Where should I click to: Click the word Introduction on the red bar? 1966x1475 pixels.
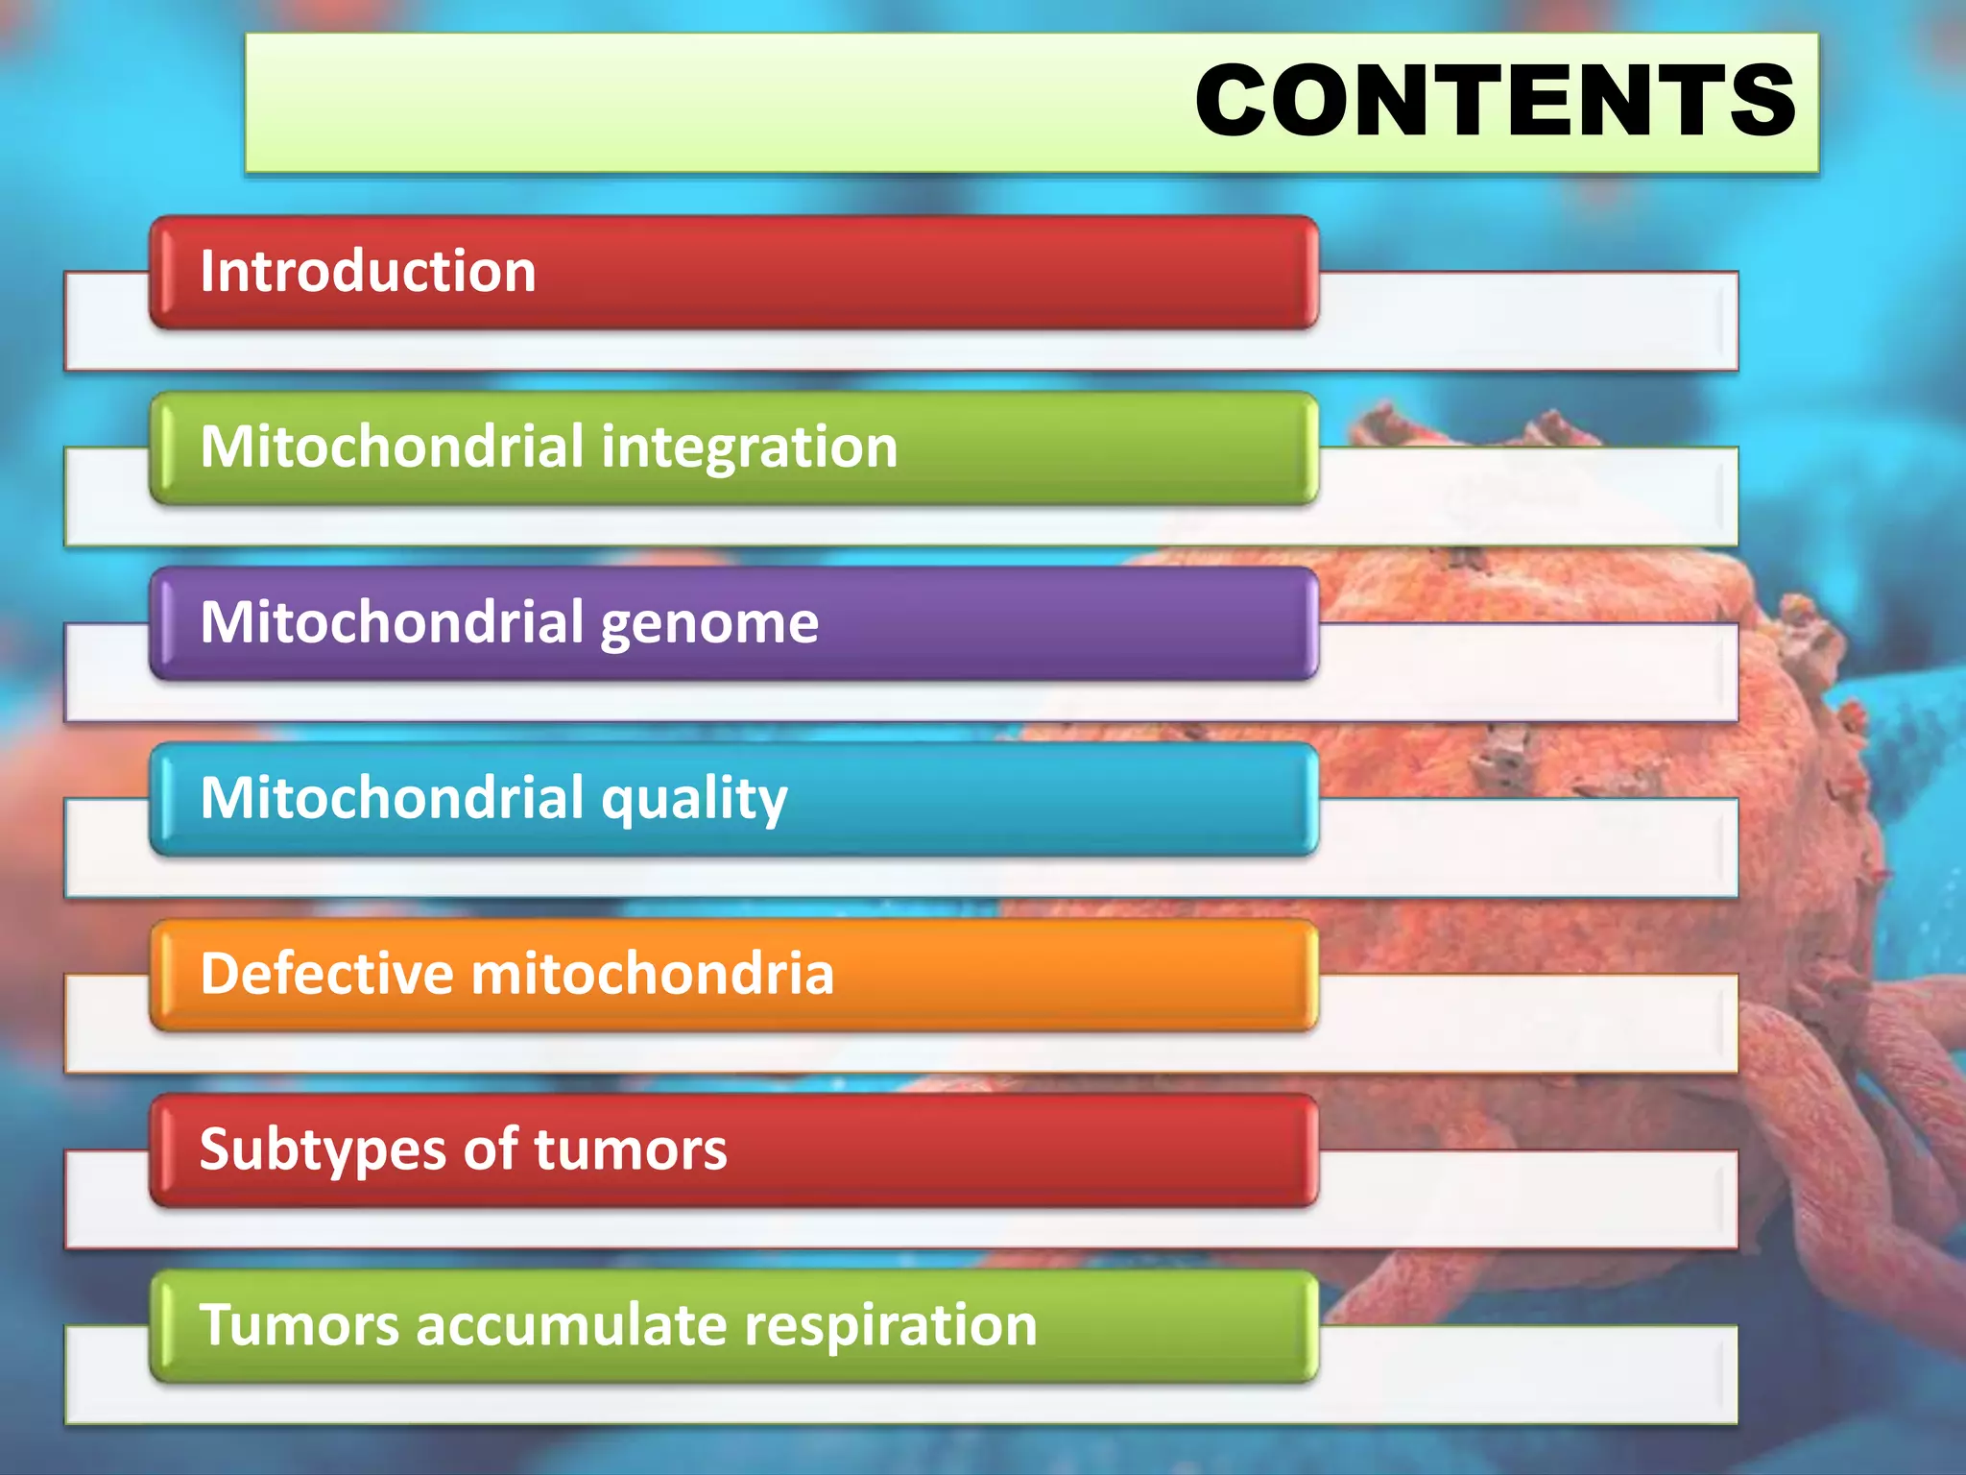tap(368, 272)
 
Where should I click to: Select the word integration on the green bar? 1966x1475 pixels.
tap(750, 448)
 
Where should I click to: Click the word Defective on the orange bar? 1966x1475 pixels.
tap(325, 974)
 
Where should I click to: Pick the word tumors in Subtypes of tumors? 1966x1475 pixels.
tap(631, 1150)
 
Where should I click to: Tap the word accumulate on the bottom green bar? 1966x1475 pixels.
tap(572, 1326)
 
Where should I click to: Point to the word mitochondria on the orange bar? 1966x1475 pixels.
tap(653, 974)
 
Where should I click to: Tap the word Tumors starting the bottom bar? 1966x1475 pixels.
tap(299, 1326)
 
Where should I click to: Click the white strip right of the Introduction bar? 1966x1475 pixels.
tap(1526, 322)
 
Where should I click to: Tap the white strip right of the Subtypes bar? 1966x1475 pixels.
tap(1526, 1200)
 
